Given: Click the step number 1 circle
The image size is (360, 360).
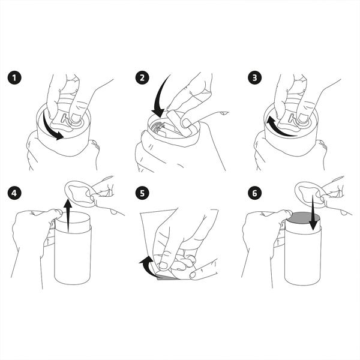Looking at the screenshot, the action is (x=14, y=78).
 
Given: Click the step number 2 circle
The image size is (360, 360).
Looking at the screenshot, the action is (x=142, y=78).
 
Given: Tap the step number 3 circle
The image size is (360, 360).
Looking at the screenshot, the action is (x=255, y=78).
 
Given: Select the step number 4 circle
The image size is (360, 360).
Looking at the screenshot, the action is (x=14, y=193).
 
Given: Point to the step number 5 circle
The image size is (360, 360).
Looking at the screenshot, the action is (x=142, y=193).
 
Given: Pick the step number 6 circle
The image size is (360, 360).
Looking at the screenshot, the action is (x=255, y=193).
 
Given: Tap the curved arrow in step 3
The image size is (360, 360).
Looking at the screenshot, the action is (x=278, y=130).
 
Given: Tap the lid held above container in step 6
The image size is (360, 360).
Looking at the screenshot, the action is (x=310, y=193).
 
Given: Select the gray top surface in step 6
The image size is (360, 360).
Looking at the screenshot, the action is (x=302, y=219).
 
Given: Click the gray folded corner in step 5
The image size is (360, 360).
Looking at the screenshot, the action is (x=167, y=278).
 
